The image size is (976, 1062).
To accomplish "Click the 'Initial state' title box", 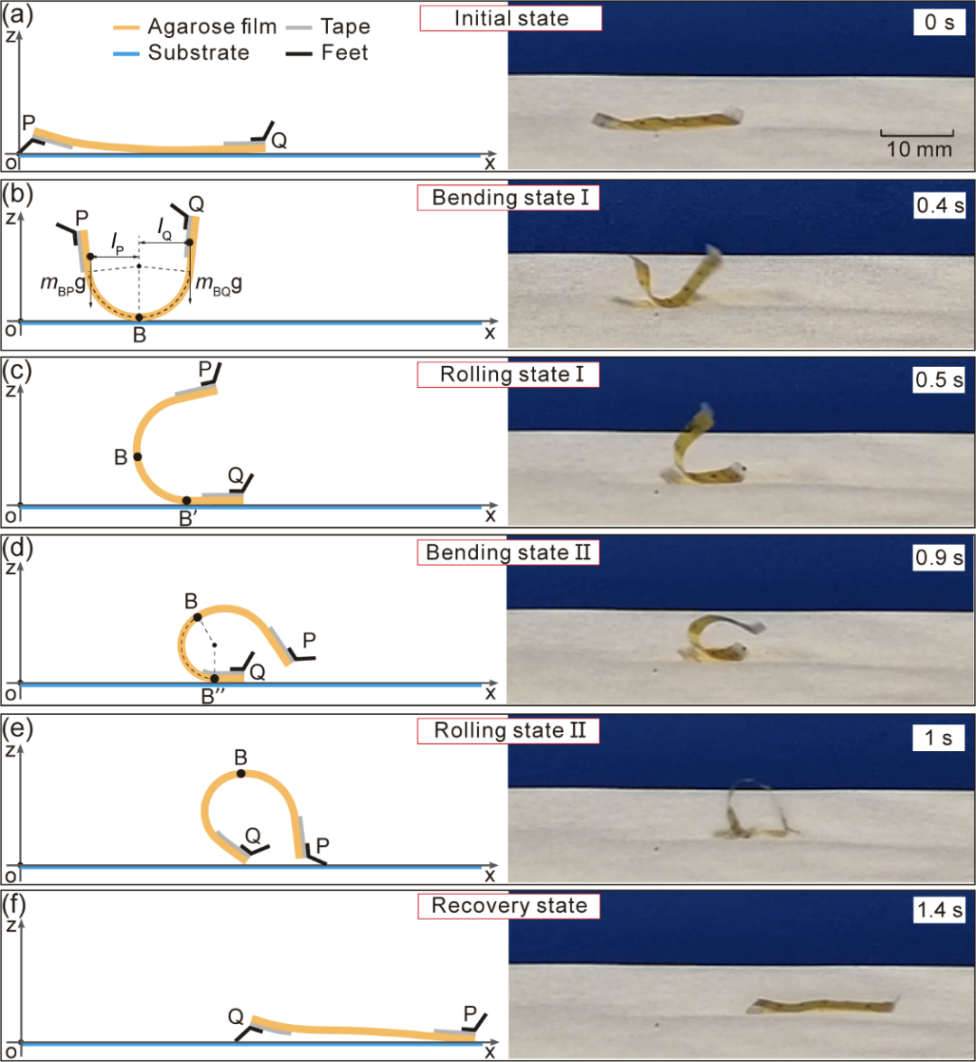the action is point(511,18).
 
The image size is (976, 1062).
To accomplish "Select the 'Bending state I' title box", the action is point(508,198).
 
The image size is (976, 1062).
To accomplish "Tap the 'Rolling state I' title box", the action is point(508,374).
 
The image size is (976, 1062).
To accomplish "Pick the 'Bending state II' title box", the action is point(508,552).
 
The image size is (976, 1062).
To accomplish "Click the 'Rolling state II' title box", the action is point(508,730).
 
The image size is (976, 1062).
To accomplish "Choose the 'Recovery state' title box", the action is point(508,906).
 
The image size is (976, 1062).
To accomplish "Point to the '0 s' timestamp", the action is point(940,23).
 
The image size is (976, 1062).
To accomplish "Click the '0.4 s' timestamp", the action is point(940,205).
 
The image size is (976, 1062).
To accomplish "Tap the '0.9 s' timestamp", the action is point(939,558).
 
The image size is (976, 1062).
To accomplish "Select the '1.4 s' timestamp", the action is point(939,909).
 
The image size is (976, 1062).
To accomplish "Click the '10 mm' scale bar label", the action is point(919,149).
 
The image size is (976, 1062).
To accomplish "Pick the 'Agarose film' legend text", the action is point(212,26).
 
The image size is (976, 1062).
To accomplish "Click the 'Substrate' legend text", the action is point(199,52).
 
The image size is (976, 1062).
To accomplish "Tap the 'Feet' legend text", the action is point(344,52).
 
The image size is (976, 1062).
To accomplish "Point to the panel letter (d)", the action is point(17,548).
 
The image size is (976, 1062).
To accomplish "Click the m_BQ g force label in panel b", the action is point(218,284).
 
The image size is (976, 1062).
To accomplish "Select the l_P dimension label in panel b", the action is point(117,243).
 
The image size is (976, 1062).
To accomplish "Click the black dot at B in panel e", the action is point(241,773).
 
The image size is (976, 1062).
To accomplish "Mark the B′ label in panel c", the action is point(188,519).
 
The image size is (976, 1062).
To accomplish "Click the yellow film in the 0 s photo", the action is point(667,120).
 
